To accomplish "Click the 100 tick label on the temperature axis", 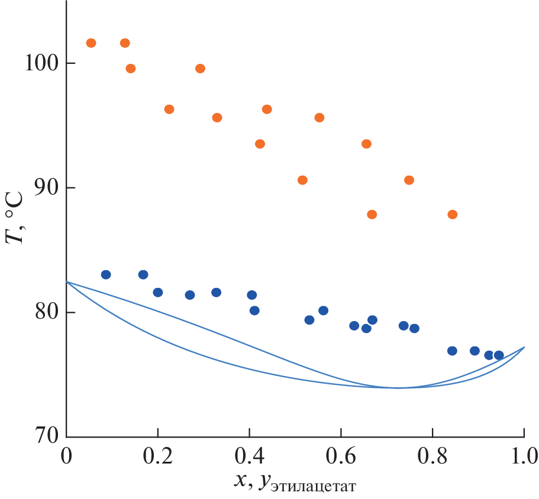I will [x=41, y=63].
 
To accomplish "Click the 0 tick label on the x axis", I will [x=66, y=457].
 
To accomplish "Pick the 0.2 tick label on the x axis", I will [x=157, y=457].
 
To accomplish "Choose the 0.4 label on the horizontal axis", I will [x=249, y=457].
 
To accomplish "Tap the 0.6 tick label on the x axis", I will [x=341, y=457].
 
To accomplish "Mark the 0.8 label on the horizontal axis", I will [x=433, y=457].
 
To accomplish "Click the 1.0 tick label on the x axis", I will [x=524, y=457].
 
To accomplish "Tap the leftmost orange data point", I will [x=91, y=43].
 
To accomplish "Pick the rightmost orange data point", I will [x=453, y=215].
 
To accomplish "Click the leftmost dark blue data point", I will [x=106, y=274].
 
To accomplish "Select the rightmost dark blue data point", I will [x=499, y=355].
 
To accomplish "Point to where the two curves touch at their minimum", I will [x=398, y=388].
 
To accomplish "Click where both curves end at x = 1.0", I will [x=524, y=347].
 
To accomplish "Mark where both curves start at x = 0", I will [x=66, y=282].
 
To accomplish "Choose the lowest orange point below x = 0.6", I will [x=302, y=180].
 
